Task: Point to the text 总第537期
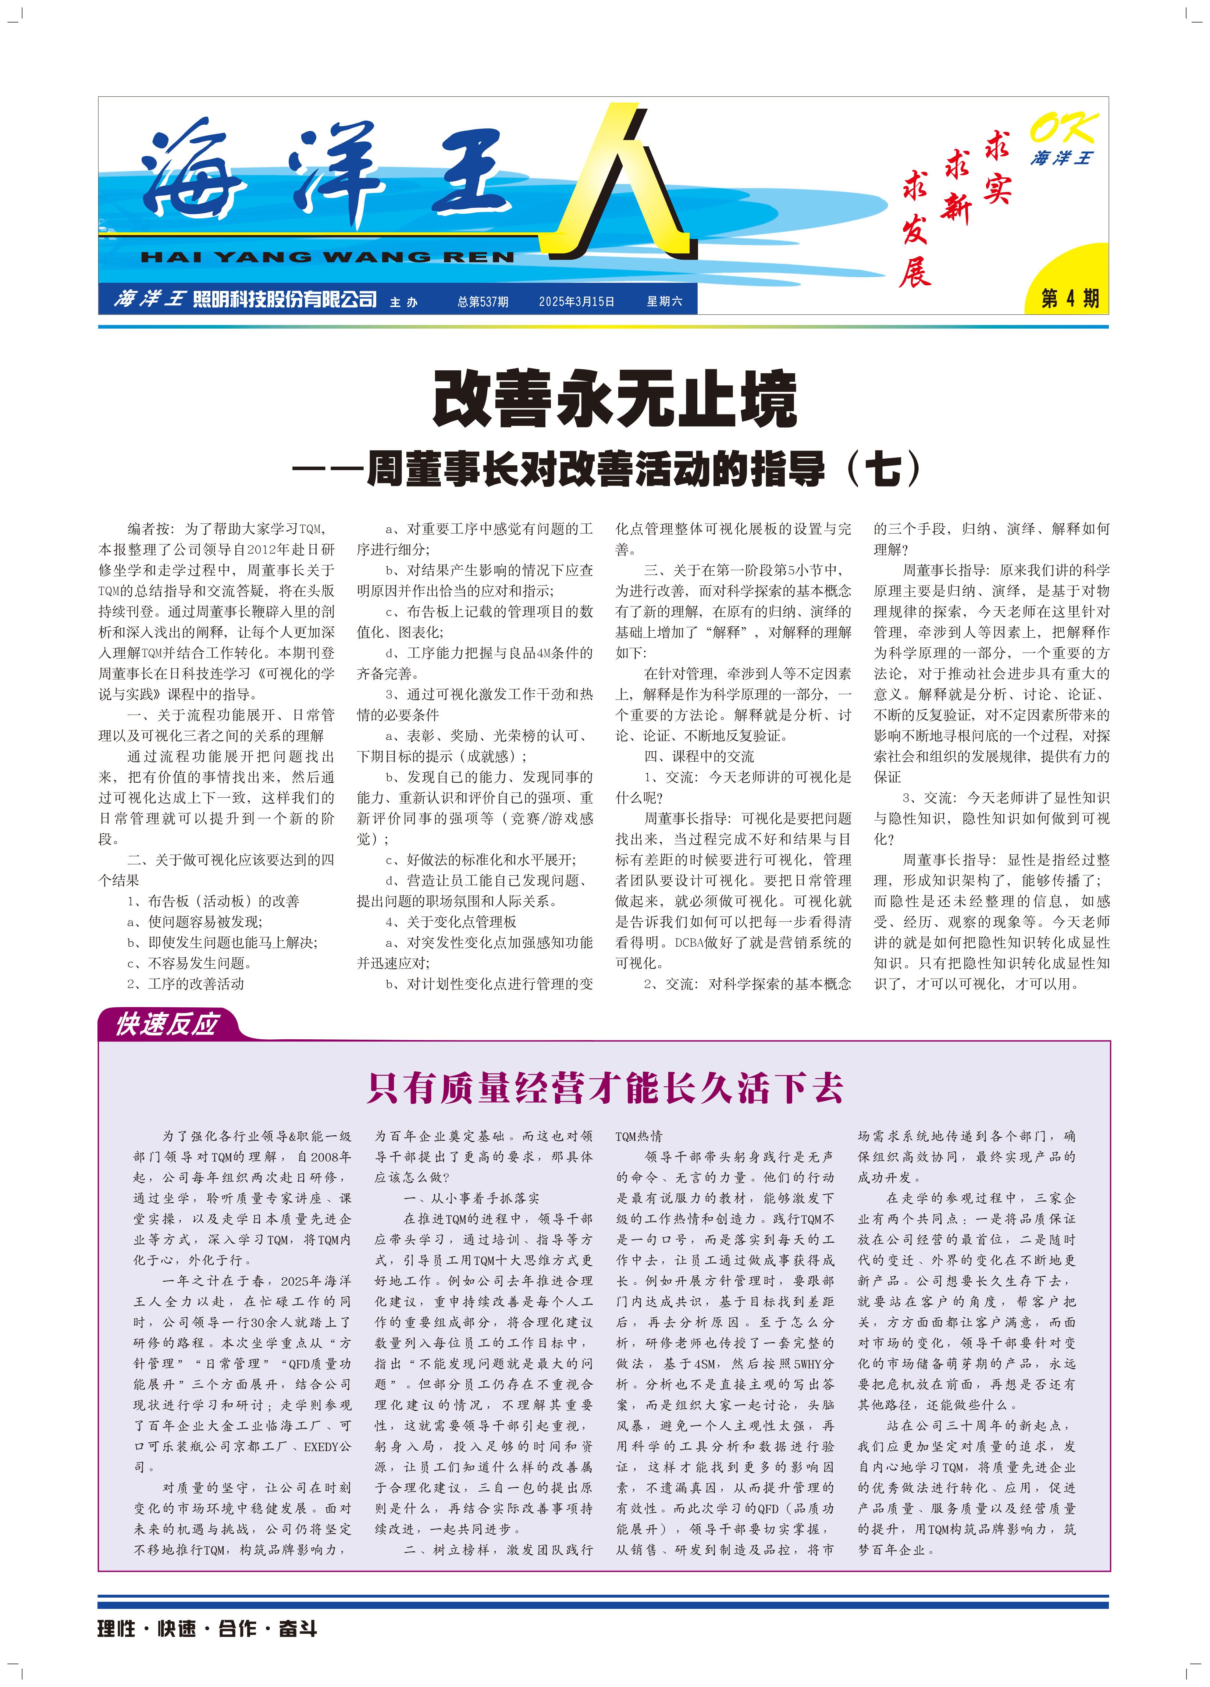point(483,301)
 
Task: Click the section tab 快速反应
point(167,1024)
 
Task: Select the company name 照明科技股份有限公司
point(285,299)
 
